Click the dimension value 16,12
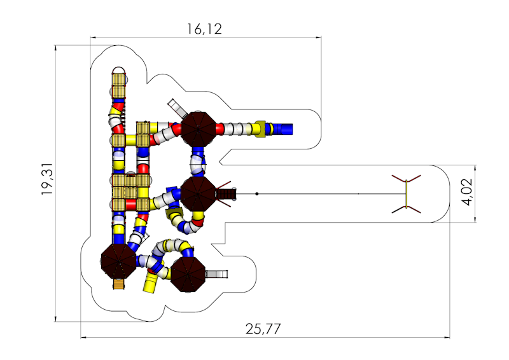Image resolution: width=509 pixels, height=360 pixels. click(204, 29)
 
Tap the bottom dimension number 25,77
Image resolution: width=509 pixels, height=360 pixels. click(263, 329)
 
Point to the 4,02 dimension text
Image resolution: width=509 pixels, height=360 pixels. click(467, 192)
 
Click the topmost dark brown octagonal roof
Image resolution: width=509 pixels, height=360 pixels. click(198, 129)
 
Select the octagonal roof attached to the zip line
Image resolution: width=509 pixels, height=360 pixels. click(198, 194)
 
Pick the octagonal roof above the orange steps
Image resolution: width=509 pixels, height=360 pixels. click(118, 261)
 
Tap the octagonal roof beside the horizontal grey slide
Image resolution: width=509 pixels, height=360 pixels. click(188, 274)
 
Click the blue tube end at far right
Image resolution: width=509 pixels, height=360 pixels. click(283, 129)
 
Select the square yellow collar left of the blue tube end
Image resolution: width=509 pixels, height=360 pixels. click(260, 129)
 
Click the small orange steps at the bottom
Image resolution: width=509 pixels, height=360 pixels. click(119, 284)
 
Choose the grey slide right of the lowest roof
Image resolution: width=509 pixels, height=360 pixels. click(217, 274)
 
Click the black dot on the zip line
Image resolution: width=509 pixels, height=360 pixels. click(257, 194)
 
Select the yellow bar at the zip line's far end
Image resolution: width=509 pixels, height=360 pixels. click(406, 194)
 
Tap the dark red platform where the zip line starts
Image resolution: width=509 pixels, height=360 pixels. click(226, 194)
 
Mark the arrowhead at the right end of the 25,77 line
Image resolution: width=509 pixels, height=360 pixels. click(447, 338)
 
